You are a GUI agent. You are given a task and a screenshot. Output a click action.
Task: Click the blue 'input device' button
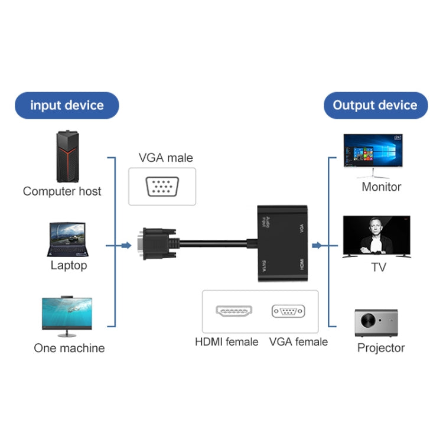(67, 106)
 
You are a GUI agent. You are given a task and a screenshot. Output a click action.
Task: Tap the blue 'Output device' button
(375, 106)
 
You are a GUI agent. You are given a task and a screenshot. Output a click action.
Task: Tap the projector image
(376, 323)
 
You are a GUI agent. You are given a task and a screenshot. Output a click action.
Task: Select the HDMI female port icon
(234, 311)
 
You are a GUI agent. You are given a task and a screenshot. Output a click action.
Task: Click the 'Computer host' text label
(62, 191)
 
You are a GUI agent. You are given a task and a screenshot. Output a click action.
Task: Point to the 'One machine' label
(69, 348)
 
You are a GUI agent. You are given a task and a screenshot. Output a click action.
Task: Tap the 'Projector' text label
(381, 348)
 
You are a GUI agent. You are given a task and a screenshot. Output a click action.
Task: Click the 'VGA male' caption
(166, 158)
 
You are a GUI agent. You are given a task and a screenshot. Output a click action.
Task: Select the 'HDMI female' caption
(227, 342)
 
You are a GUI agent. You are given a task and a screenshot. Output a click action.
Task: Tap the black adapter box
(282, 243)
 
